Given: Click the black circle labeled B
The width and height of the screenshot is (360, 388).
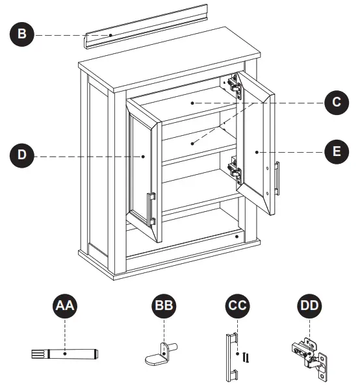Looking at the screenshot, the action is pyautogui.click(x=22, y=34).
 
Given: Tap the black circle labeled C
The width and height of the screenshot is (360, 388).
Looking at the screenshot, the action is pyautogui.click(x=337, y=102).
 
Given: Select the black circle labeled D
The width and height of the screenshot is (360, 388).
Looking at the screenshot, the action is pyautogui.click(x=22, y=155).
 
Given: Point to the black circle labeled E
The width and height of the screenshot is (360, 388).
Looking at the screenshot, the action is pyautogui.click(x=337, y=151).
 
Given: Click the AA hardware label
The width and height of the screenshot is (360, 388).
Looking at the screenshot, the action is pyautogui.click(x=65, y=306).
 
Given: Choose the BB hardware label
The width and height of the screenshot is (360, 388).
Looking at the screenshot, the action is pyautogui.click(x=164, y=306).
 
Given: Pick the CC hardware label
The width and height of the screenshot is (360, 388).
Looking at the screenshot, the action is pyautogui.click(x=237, y=306).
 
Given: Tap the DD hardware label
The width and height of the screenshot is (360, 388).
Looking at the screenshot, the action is pyautogui.click(x=309, y=306).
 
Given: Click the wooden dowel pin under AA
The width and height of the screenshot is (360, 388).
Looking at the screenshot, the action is pyautogui.click(x=65, y=354).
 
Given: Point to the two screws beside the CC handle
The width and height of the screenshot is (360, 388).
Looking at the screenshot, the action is pyautogui.click(x=246, y=357).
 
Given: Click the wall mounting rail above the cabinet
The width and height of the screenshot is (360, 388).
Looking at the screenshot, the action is pyautogui.click(x=146, y=26).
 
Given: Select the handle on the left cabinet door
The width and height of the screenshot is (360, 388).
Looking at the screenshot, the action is pyautogui.click(x=151, y=209).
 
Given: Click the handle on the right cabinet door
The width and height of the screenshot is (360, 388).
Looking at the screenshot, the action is pyautogui.click(x=277, y=178).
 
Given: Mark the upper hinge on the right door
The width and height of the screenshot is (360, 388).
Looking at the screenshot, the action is pyautogui.click(x=235, y=86).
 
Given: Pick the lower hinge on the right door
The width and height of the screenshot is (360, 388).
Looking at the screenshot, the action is pyautogui.click(x=235, y=170).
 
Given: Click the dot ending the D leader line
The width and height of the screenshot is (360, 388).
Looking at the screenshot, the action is pyautogui.click(x=143, y=157).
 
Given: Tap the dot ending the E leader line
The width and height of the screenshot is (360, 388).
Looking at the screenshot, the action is pyautogui.click(x=257, y=152).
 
